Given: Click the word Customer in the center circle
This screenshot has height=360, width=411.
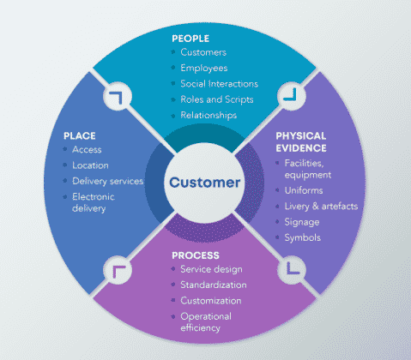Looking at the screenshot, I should [x=205, y=183].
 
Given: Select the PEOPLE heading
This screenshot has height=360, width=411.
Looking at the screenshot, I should [x=190, y=38].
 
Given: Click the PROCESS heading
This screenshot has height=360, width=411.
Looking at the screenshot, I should [x=195, y=255].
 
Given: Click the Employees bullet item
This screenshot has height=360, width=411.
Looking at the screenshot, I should [x=204, y=68].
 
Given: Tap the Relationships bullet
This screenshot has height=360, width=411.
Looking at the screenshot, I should [x=208, y=115].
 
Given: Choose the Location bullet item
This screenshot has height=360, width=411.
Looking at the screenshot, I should [x=91, y=165].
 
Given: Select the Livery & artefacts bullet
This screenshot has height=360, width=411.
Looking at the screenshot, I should [x=331, y=207].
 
